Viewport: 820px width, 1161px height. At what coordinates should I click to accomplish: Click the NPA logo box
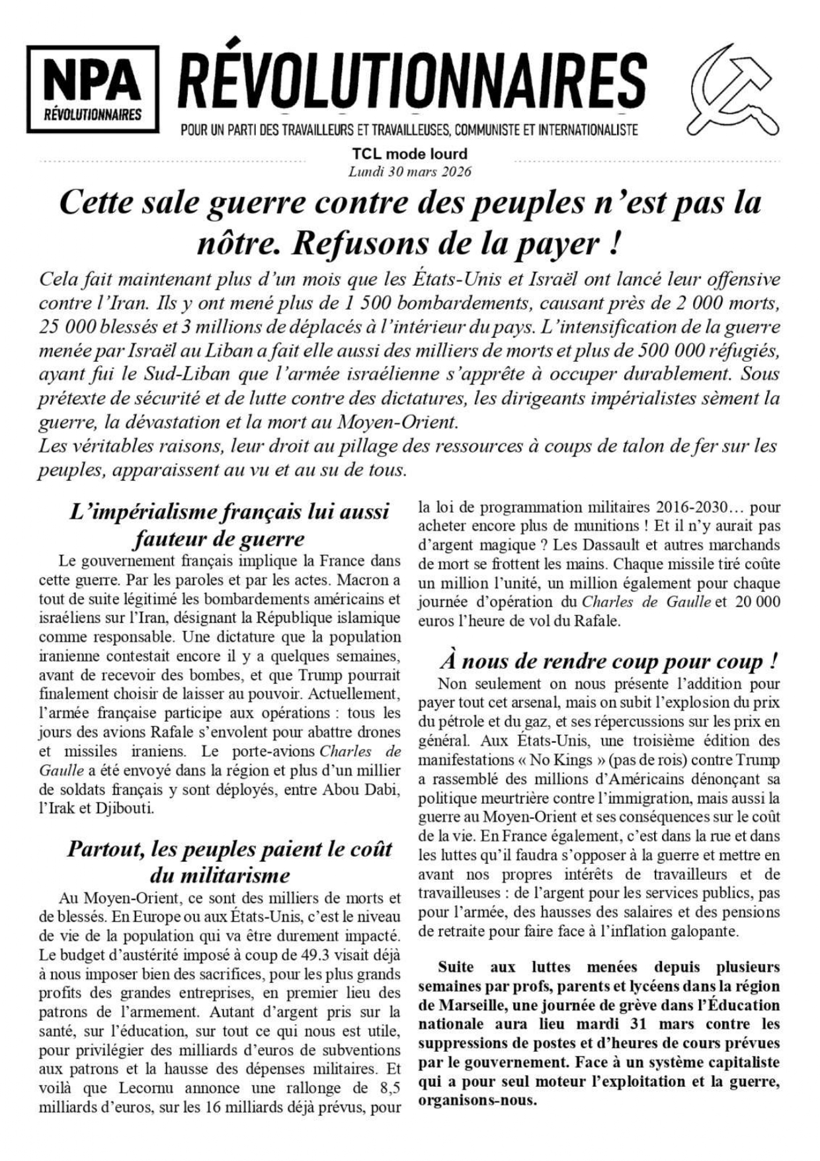tap(93, 89)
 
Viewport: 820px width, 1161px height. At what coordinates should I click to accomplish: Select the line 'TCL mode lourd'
tap(409, 154)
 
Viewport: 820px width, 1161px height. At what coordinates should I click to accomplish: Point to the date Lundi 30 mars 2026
tap(409, 171)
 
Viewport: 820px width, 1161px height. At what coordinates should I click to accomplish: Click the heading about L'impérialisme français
tap(229, 525)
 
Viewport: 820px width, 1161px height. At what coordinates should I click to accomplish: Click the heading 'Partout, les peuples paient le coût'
tap(229, 849)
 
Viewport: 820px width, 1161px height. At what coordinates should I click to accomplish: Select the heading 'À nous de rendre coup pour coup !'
tap(608, 661)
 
